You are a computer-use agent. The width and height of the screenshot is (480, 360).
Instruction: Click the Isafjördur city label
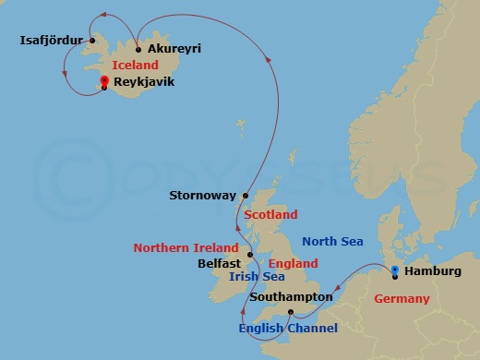(x=52, y=41)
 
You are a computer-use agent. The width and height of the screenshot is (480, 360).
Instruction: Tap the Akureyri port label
(x=174, y=48)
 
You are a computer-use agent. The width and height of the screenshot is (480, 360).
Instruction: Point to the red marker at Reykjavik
(x=104, y=82)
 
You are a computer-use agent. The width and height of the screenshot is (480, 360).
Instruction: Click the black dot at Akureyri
(x=138, y=49)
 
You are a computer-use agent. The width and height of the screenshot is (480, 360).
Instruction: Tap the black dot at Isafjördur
(x=92, y=41)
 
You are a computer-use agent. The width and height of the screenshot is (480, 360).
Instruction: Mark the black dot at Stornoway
(x=245, y=196)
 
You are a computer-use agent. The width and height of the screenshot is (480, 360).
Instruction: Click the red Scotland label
(x=271, y=215)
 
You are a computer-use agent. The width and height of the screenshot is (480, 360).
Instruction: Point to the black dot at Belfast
(x=250, y=256)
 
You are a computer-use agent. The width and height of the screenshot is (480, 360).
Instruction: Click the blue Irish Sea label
(x=258, y=276)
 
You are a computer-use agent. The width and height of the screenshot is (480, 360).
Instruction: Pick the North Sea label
(x=333, y=242)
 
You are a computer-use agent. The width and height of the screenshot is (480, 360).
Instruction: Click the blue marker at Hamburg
(x=395, y=270)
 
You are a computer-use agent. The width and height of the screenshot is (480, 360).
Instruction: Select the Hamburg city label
(x=433, y=271)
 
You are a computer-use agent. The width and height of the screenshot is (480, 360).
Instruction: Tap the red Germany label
(x=402, y=299)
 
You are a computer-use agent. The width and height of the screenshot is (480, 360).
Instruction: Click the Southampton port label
(x=291, y=297)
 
